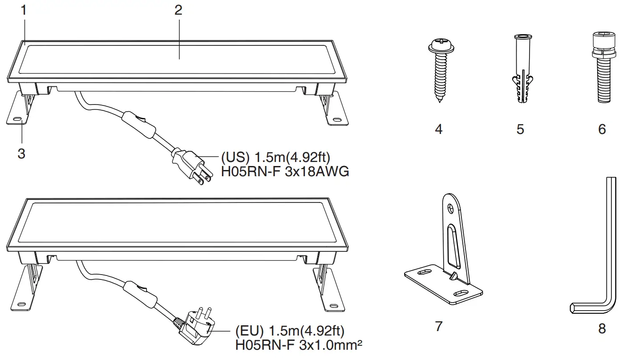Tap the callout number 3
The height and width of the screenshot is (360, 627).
click(21, 154)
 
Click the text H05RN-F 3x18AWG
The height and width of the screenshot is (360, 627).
click(285, 171)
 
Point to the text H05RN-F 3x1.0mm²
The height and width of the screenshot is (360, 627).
click(298, 344)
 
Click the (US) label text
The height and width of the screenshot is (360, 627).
click(232, 158)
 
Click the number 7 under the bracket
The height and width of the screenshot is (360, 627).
click(439, 326)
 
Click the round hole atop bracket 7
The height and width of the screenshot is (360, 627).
click(450, 207)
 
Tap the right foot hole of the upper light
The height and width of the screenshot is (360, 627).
click(336, 120)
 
